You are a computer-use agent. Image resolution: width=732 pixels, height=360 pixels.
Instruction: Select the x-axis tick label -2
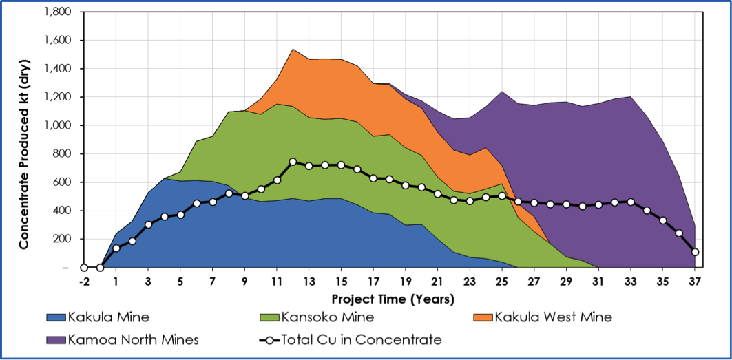tap(83, 282)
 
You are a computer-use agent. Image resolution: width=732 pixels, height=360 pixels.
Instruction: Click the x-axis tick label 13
tap(309, 282)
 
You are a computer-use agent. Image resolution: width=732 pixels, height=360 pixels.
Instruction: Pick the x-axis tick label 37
tap(695, 282)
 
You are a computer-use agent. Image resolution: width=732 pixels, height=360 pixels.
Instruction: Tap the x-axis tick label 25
tap(502, 282)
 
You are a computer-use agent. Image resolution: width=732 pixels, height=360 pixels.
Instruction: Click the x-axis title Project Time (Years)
tap(393, 299)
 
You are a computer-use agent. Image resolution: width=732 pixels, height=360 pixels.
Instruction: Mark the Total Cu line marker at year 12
tap(293, 162)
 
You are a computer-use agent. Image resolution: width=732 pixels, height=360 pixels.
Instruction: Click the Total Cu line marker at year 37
tap(695, 252)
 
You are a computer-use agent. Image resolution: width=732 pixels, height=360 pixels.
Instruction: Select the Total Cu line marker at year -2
tap(83, 268)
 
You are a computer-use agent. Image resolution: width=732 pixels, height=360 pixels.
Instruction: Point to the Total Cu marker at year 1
tap(116, 248)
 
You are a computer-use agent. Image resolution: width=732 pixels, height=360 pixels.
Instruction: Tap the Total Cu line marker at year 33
tap(631, 202)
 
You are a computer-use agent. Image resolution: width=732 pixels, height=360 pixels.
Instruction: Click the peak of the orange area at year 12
tap(293, 50)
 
